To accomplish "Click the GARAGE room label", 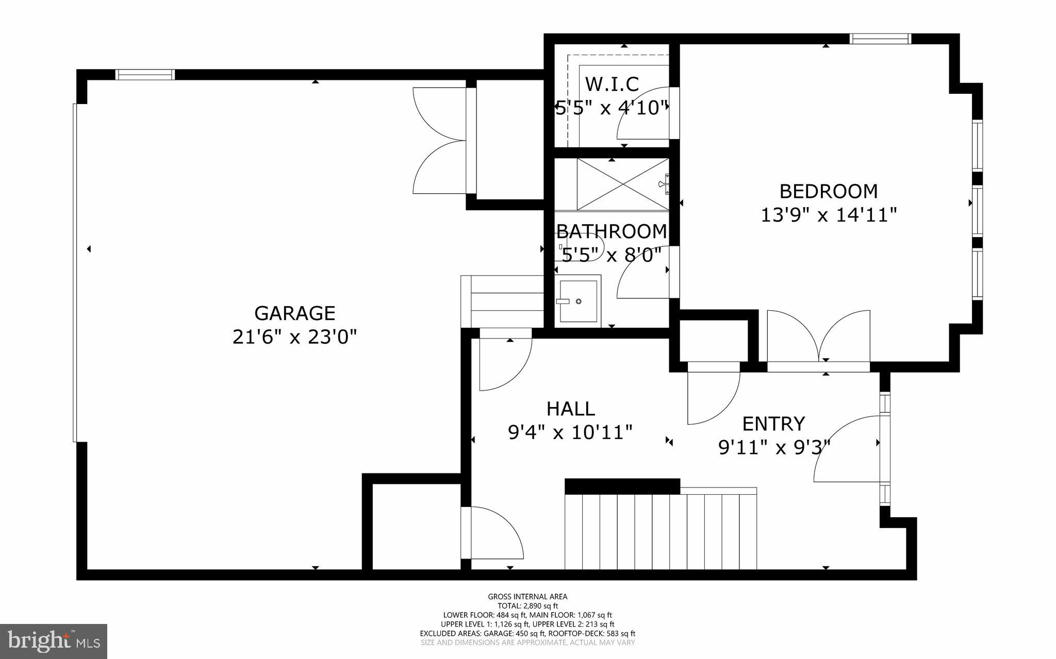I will pos(294,313).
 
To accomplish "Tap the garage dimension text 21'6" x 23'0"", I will pos(294,337).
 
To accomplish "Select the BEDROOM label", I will pos(828,191).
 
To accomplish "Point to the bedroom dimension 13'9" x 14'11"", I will pos(829,215).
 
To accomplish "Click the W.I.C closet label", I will pos(612,83).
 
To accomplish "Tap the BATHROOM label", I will pos(612,231).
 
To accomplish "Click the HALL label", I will pos(570,409).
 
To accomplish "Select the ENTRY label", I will pos(773,424).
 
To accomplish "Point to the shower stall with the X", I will pos(622,184).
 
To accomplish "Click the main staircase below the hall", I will pos(660,531).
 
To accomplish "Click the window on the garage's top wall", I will pos(145,75).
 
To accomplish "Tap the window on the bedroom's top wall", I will pos(880,39).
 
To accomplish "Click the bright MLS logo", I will pos(54,640).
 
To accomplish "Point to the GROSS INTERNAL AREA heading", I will pos(527,597).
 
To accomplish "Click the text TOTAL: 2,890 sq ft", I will pos(527,606).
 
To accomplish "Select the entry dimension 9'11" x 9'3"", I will pos(774,447).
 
